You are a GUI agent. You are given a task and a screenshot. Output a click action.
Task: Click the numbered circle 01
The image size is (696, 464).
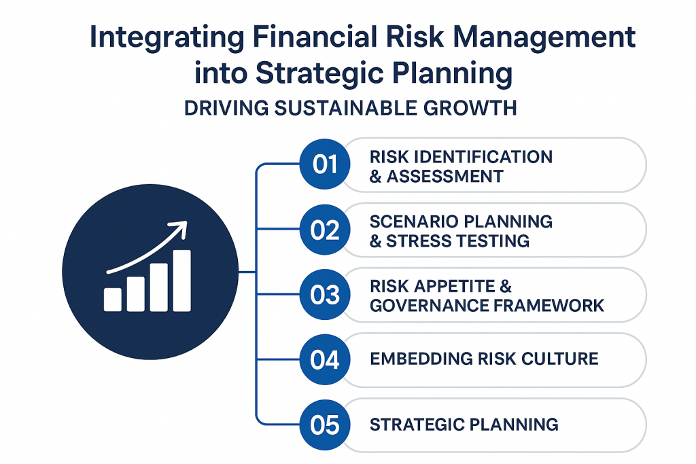coord(325,164)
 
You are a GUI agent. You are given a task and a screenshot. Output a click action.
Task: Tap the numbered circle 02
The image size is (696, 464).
coord(325,230)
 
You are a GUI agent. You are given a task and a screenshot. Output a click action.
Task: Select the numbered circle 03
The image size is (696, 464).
coord(325,295)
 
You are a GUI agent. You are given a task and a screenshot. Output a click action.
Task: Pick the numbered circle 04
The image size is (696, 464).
coord(325,359)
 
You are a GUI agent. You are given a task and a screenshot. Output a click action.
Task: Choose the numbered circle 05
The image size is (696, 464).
coord(325,425)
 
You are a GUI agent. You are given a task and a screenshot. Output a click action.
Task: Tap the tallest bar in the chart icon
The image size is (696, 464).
coord(182,281)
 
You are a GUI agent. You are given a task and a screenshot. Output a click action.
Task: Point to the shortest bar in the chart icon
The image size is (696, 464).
coord(113,300)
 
